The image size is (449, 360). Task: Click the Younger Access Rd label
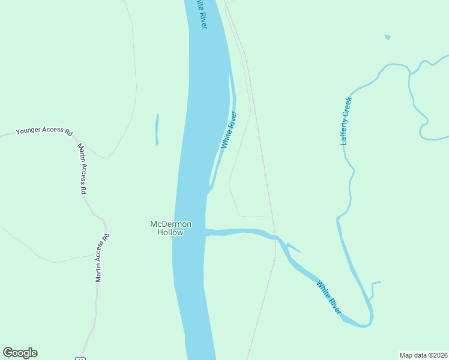point(44,130)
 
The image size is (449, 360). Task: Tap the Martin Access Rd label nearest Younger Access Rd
point(83,169)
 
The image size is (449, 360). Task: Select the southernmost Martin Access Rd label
point(102,257)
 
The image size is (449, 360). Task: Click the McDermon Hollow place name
point(170,228)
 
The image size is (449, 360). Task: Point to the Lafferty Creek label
point(345,121)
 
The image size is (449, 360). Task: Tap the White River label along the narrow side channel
point(228,130)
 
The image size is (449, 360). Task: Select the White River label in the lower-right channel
point(329,298)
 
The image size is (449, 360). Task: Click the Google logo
point(20,353)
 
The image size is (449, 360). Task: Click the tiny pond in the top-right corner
point(387,37)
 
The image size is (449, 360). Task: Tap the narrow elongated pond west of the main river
point(157,130)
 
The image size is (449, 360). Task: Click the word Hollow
point(170,232)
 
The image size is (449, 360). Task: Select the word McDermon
point(170,224)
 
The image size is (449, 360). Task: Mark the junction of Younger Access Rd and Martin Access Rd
point(74,136)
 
